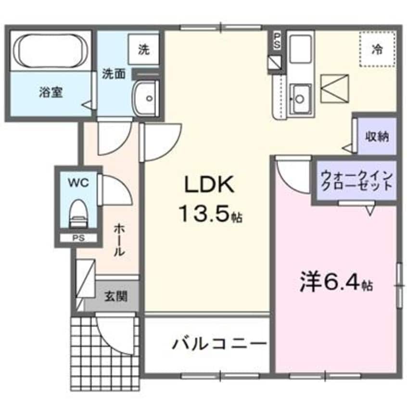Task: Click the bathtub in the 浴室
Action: click(x=51, y=50)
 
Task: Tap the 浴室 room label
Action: click(x=51, y=92)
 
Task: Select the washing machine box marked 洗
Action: click(x=144, y=50)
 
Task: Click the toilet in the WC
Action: click(x=77, y=213)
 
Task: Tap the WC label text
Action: click(x=78, y=183)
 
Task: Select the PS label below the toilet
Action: click(x=77, y=238)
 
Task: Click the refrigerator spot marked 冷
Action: click(x=379, y=49)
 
